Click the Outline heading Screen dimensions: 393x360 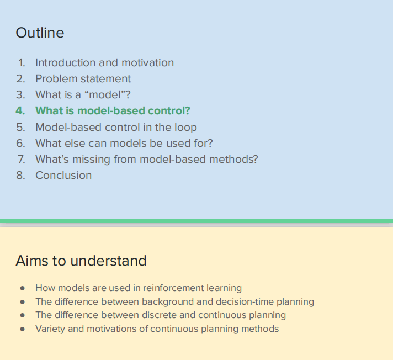(40, 33)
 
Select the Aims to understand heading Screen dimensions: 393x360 (81, 261)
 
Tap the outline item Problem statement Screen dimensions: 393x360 (83, 79)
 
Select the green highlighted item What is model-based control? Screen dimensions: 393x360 (113, 111)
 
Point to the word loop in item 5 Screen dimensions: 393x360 (185, 127)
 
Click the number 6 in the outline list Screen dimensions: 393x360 (20, 143)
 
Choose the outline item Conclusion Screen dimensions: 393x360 (63, 175)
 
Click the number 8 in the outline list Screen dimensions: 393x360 (20, 175)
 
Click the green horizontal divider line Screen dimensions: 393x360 (197, 221)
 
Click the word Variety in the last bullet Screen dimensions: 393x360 (50, 329)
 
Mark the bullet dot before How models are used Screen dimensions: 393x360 (23, 288)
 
